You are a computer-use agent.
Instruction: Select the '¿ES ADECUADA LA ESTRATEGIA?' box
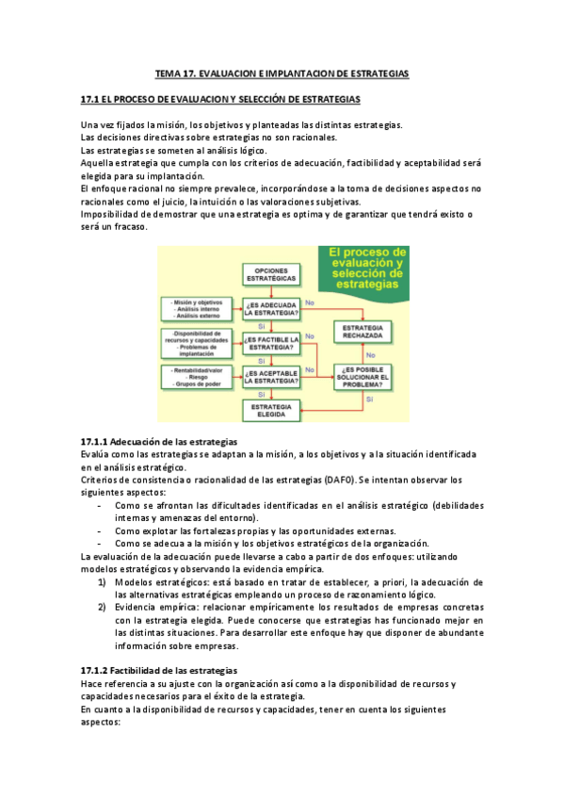pyautogui.click(x=272, y=309)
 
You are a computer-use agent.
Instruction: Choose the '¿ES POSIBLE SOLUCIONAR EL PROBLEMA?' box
pyautogui.click(x=363, y=376)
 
